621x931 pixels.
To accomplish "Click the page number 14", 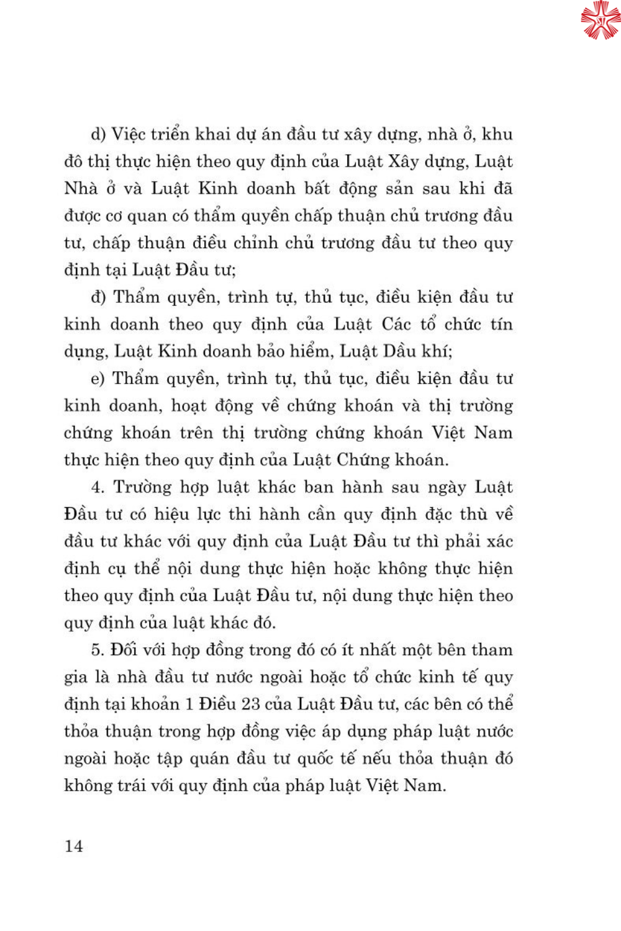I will coord(73,846).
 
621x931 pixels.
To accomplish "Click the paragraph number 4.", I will coord(97,487).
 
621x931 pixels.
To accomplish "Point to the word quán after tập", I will coord(294,758).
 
